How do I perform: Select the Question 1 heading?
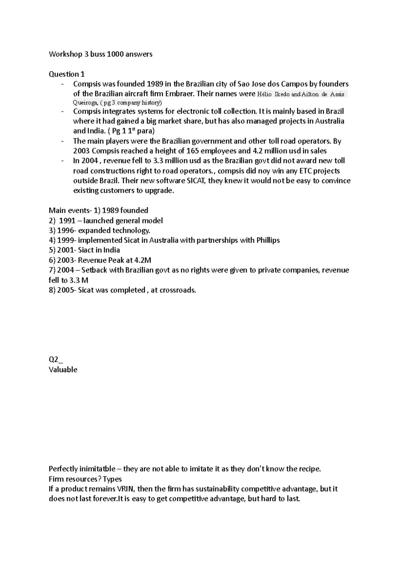(x=67, y=74)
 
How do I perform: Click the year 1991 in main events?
(x=67, y=221)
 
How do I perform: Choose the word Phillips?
(x=268, y=240)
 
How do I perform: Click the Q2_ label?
(x=56, y=360)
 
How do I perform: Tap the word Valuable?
(x=63, y=370)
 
